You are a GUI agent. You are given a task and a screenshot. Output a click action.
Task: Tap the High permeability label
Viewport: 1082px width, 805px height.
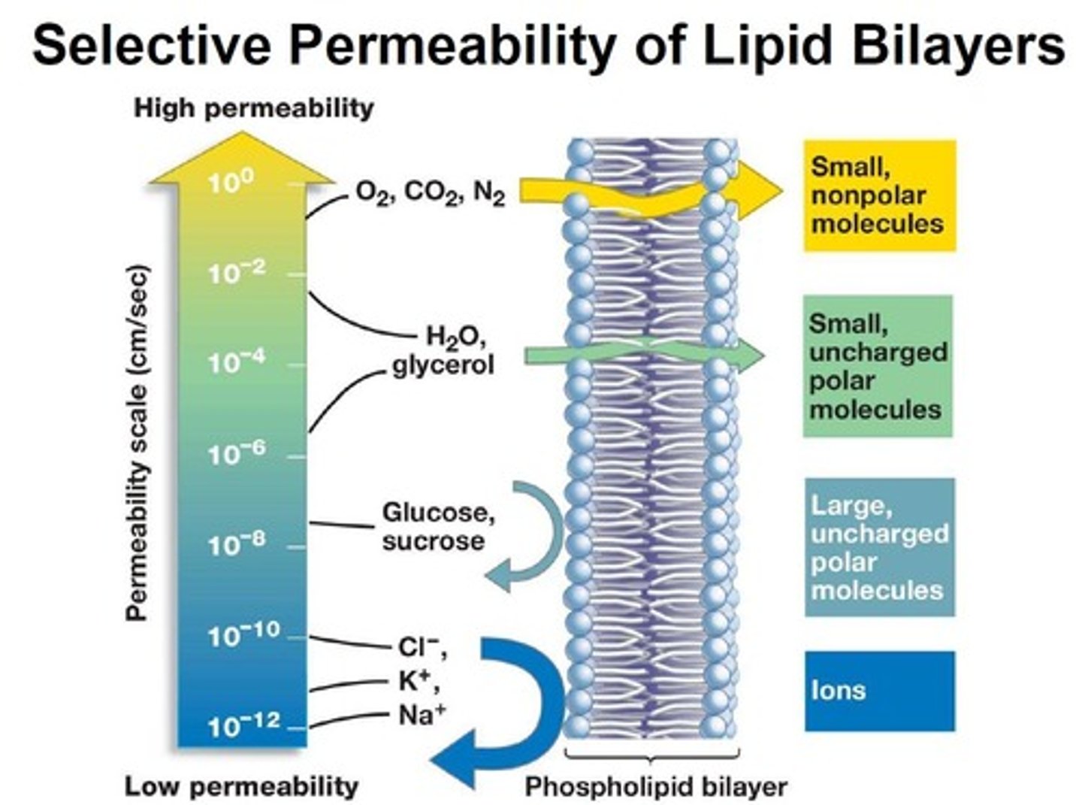253,108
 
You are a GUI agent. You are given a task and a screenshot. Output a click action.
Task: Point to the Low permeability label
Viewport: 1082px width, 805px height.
241,786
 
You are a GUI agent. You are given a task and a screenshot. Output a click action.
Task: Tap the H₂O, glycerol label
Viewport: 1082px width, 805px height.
444,351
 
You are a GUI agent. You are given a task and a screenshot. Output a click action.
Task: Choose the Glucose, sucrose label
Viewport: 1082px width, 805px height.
438,526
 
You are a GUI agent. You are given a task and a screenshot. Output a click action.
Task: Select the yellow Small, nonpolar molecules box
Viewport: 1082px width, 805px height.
879,195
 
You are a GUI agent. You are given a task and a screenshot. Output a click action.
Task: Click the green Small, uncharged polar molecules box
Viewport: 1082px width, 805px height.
878,366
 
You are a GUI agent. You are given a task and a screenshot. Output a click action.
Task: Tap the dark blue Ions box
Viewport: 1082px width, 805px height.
879,691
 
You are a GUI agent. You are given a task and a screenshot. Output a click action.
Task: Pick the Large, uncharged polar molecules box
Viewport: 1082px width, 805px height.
879,547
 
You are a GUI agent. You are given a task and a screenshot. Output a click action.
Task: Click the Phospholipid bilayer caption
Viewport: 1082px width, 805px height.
655,786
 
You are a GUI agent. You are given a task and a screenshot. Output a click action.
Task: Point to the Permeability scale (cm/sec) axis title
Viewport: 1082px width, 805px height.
137,443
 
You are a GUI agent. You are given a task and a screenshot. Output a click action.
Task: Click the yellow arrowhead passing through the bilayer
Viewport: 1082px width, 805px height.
759,191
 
